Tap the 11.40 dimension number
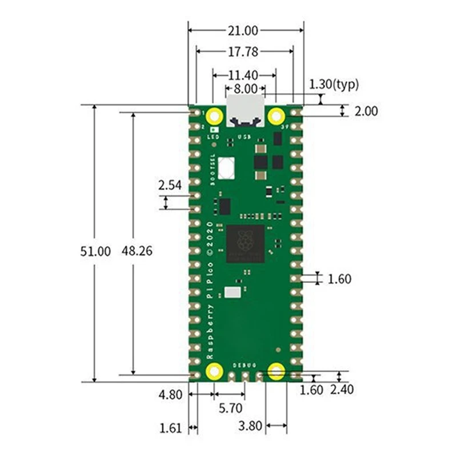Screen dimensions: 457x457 (x=244, y=75)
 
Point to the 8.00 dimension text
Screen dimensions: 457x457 (x=245, y=89)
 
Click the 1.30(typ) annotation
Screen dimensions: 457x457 (x=334, y=85)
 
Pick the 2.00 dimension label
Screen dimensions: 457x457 (x=366, y=111)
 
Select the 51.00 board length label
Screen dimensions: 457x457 (x=95, y=251)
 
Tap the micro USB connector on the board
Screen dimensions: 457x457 (x=246, y=111)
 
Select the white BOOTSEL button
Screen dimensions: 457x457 (x=226, y=167)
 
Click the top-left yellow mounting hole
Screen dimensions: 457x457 (x=215, y=117)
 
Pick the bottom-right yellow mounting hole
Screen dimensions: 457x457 (x=276, y=372)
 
